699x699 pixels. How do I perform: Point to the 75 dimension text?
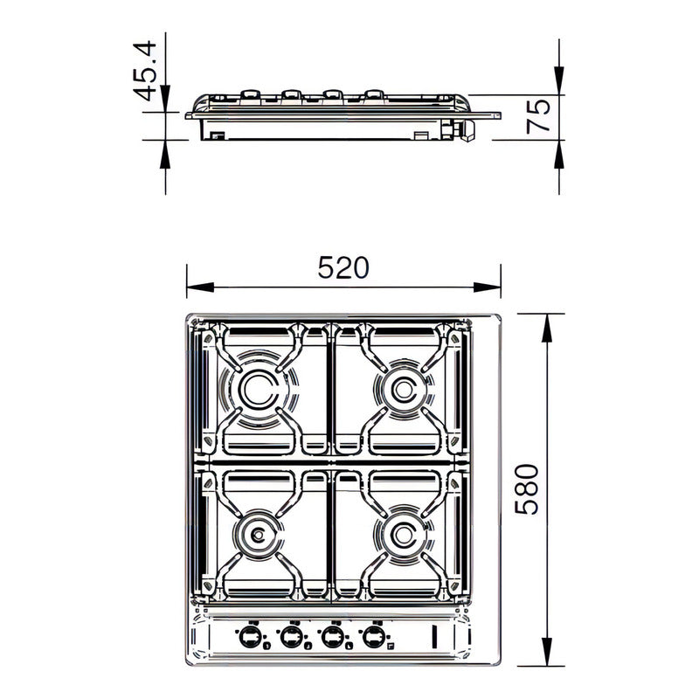(x=539, y=114)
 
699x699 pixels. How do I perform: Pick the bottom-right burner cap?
(x=403, y=532)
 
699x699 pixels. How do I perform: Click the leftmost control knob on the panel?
(x=251, y=636)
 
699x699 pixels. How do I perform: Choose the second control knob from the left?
(x=291, y=636)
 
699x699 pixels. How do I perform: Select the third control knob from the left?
(x=332, y=636)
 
